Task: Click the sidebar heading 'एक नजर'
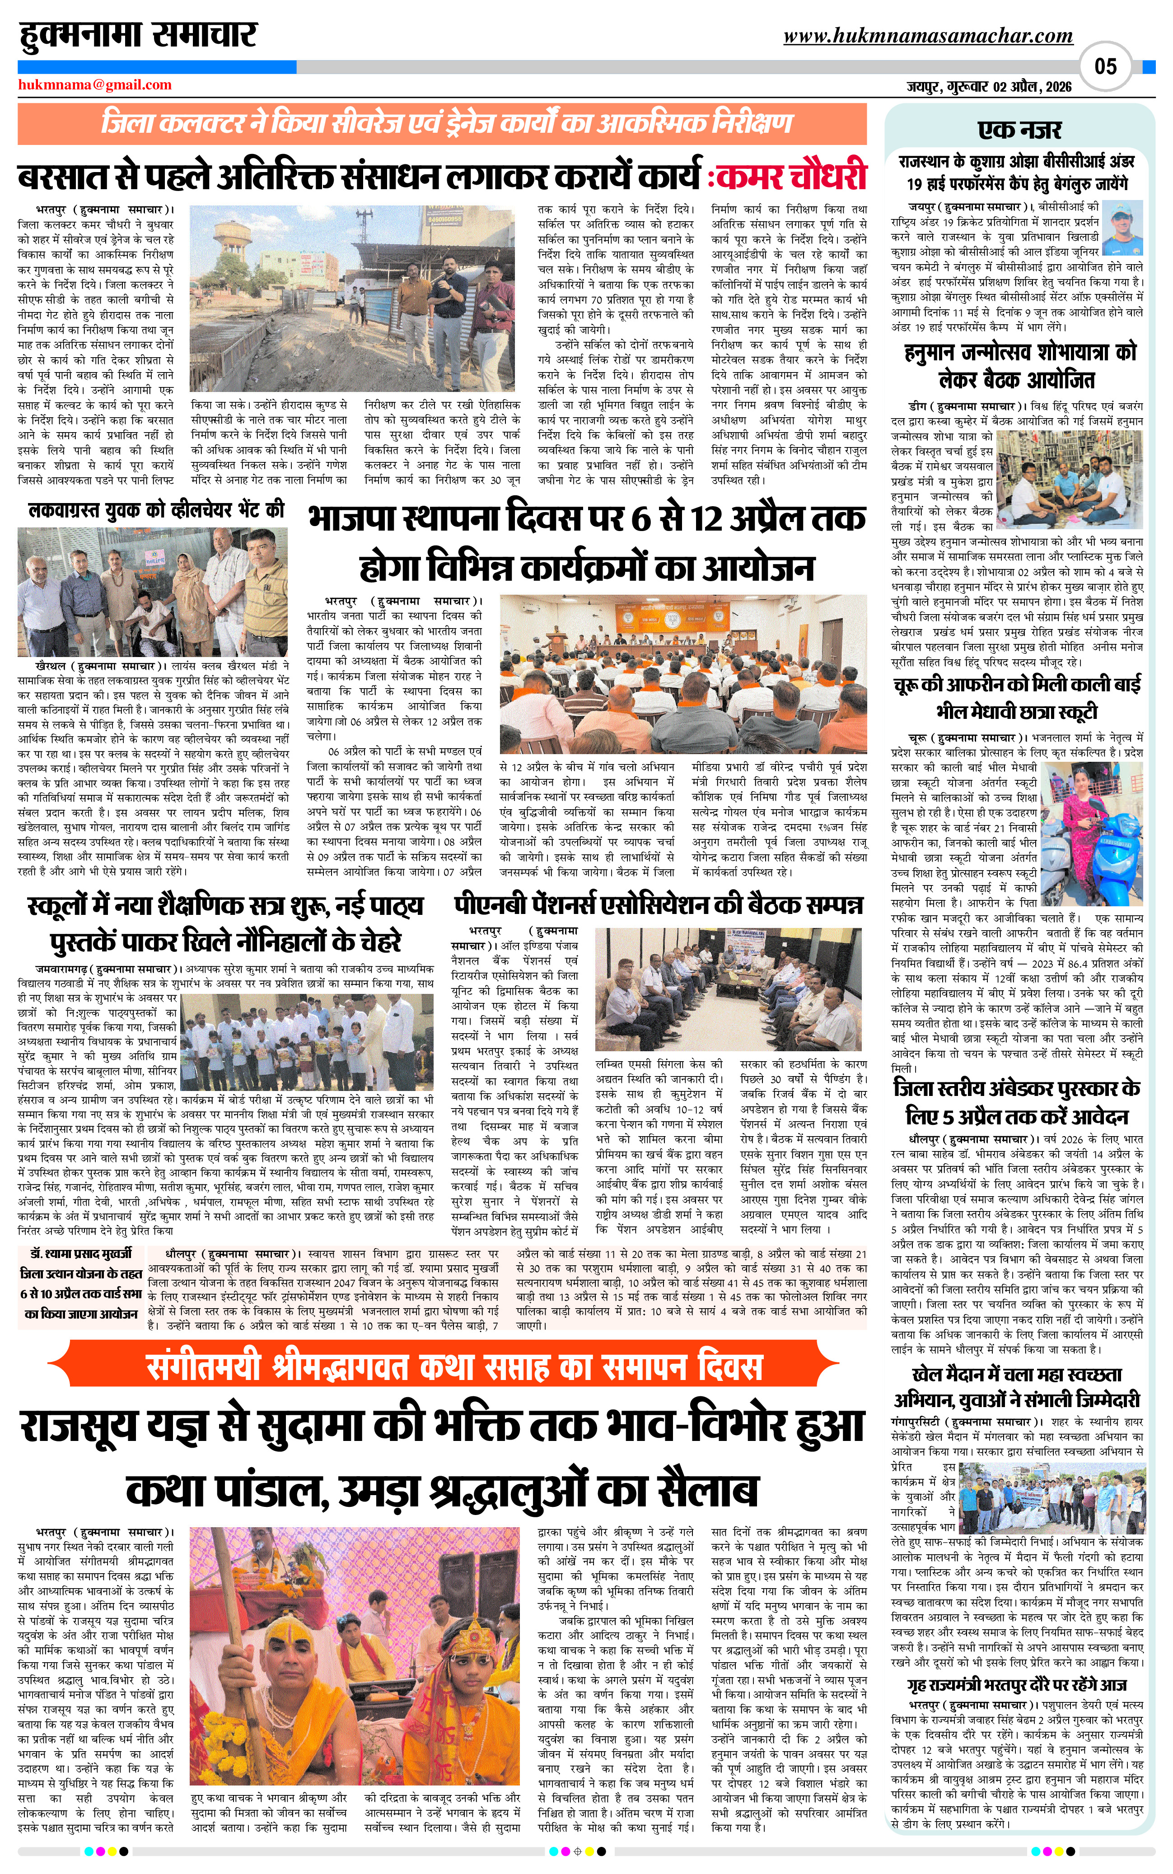point(1019,130)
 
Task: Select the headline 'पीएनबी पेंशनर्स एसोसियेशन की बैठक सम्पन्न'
point(659,904)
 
